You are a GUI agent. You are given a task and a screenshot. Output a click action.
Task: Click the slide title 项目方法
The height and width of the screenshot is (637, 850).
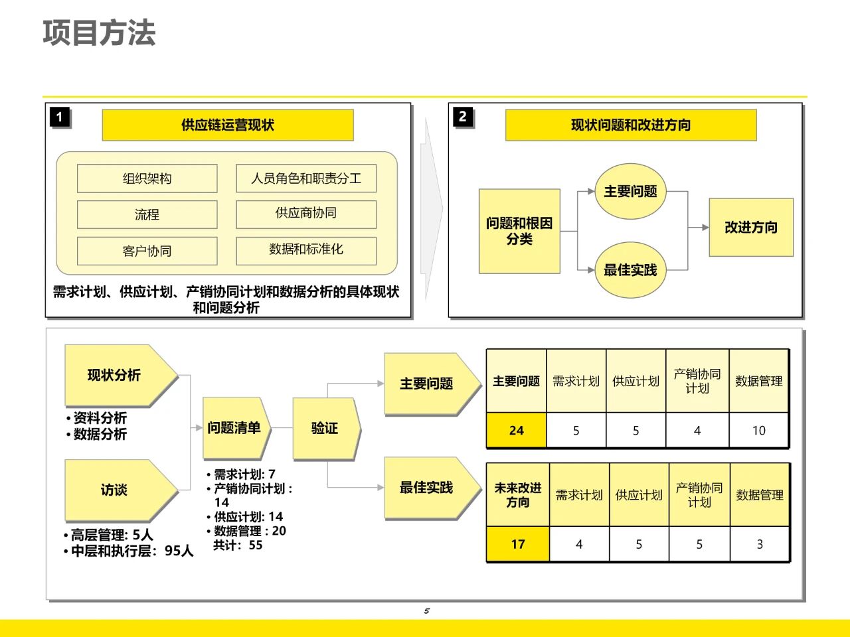(99, 33)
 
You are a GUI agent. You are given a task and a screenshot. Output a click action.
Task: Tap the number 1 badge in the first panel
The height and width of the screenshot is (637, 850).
(59, 117)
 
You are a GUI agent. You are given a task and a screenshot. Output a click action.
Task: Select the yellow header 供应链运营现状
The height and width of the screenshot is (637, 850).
(228, 125)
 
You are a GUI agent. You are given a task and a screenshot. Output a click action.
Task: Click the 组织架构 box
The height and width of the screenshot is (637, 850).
(147, 178)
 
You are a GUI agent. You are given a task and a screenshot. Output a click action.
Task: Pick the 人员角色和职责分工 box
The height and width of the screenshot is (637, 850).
(306, 178)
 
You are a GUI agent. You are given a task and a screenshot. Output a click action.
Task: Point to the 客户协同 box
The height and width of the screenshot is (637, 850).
(147, 251)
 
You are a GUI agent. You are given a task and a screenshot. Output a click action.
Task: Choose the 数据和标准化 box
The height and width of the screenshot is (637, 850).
(306, 249)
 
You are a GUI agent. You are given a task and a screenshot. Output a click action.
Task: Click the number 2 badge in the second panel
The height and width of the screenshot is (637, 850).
(462, 117)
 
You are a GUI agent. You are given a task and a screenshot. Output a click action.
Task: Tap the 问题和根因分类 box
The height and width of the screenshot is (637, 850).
(519, 231)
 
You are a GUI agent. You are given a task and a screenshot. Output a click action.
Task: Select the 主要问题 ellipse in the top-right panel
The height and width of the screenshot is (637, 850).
(630, 192)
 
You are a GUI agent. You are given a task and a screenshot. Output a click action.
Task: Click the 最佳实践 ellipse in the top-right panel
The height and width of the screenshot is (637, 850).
(630, 270)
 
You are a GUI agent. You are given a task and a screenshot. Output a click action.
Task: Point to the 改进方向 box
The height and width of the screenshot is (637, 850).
(750, 227)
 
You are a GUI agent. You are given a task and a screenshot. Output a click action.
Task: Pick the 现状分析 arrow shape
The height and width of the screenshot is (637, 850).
(117, 375)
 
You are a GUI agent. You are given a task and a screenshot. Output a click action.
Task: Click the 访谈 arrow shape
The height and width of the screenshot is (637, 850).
(117, 490)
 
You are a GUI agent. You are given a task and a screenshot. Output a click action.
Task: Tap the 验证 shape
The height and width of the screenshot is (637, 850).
(325, 428)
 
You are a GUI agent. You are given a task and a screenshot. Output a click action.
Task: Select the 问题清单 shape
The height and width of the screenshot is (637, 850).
(234, 428)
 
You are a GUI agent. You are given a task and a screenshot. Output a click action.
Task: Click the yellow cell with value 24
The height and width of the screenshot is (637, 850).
(516, 430)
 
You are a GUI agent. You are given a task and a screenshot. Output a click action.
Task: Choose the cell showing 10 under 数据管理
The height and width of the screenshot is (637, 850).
(758, 430)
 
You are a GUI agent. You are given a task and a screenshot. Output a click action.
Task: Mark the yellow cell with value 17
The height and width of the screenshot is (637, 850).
(518, 544)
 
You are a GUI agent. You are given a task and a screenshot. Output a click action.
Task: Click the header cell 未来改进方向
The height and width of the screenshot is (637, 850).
(518, 495)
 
